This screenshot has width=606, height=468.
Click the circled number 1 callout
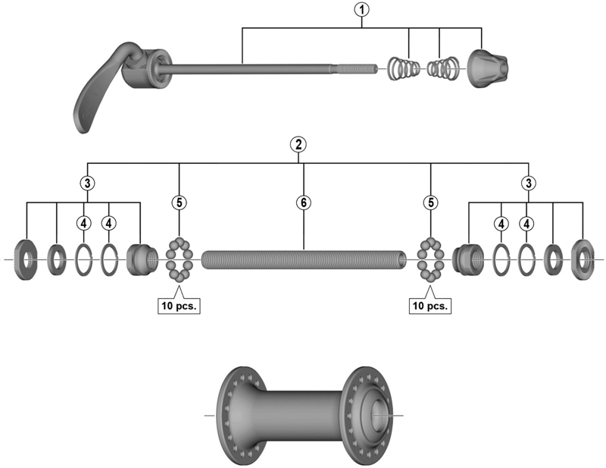363,10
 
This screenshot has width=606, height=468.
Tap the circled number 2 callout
301,144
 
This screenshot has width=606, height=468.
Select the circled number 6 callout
303,203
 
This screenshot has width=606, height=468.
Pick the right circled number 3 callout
528,183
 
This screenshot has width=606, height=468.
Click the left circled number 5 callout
180,203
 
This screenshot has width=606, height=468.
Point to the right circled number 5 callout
430,203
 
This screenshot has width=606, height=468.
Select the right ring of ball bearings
430,259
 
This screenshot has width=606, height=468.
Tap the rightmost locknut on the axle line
583,257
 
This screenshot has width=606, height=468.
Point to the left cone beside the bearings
140,259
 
